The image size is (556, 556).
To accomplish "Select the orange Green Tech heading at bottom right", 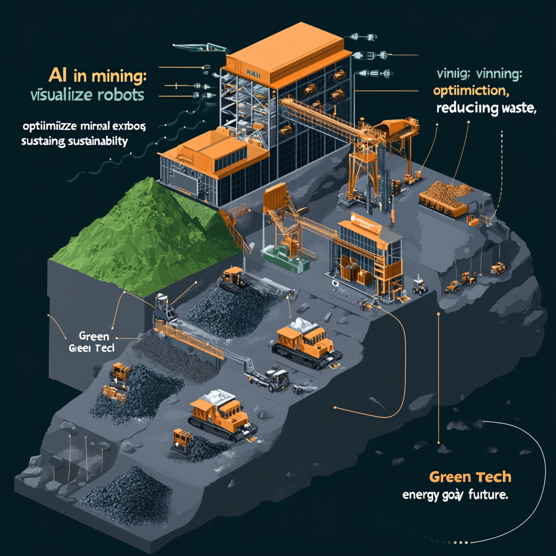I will tap(470, 477).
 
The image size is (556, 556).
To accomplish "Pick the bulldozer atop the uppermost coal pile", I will tap(232, 276).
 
